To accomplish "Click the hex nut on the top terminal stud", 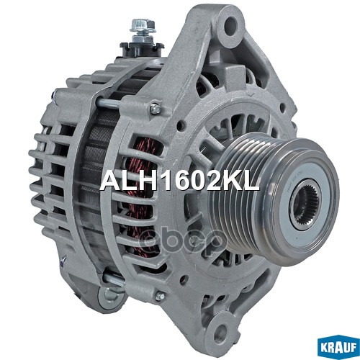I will tap(138, 27).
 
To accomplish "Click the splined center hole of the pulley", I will tap(302, 202).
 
